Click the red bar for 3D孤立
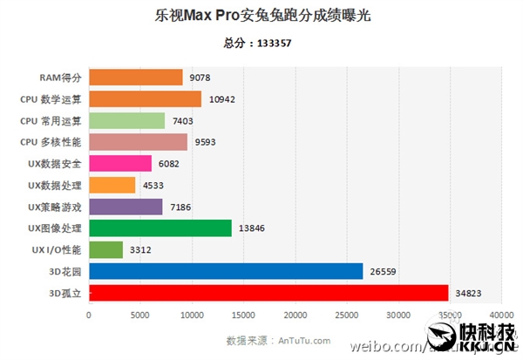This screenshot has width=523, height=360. click(x=268, y=293)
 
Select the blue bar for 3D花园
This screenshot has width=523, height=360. click(x=226, y=271)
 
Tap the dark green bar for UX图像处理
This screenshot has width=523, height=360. click(x=160, y=228)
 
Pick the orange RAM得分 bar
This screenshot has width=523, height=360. click(x=136, y=78)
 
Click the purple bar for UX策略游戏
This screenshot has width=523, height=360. click(x=126, y=207)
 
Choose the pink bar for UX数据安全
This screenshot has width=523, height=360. click(x=120, y=164)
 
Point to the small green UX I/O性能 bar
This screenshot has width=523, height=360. click(x=106, y=250)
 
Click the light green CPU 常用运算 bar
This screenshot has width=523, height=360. click(x=126, y=121)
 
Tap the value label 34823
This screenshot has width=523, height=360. click(x=469, y=293)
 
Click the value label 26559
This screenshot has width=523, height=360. click(x=384, y=271)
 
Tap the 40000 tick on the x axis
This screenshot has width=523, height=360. click(x=501, y=315)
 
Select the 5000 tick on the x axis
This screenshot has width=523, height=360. click(x=140, y=315)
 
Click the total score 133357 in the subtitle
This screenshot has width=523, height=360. click(x=275, y=43)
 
